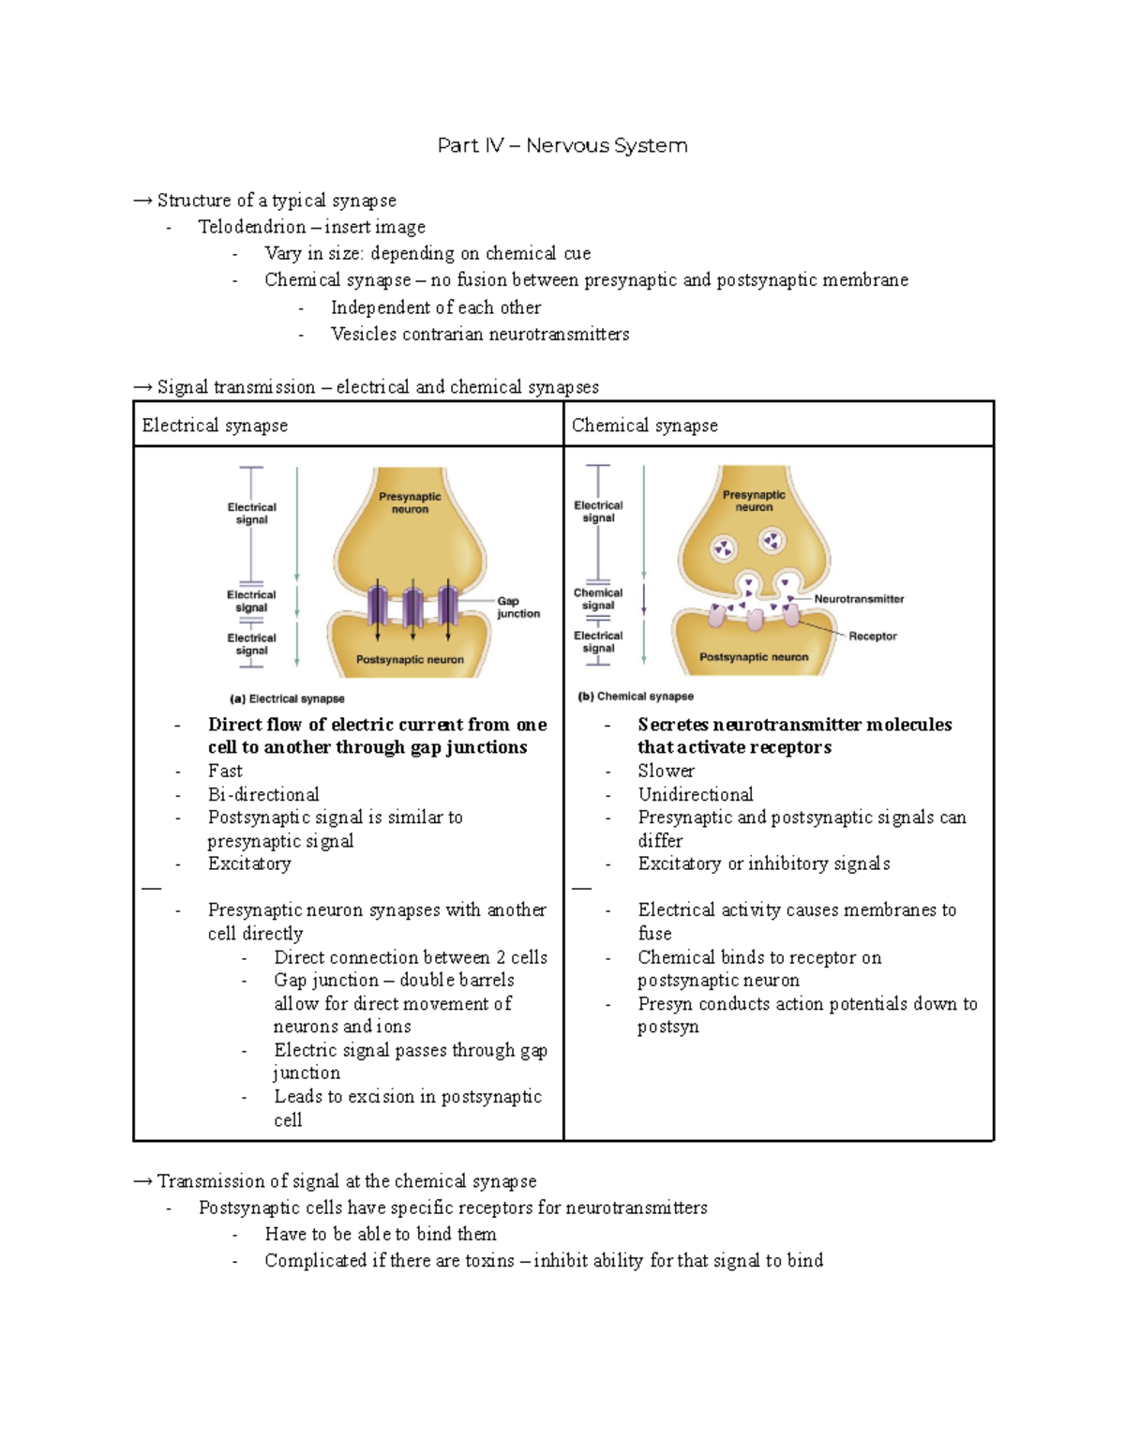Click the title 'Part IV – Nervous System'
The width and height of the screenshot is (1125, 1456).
[x=562, y=145]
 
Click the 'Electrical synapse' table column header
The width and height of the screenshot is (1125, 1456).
[x=215, y=426]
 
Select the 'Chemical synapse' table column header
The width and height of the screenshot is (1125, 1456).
[x=644, y=426]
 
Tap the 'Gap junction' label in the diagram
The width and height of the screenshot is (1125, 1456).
[x=517, y=608]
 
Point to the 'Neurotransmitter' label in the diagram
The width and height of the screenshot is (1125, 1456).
[x=859, y=599]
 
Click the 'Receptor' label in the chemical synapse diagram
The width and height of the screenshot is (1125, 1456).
[x=872, y=637]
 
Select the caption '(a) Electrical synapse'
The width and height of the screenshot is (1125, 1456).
[x=287, y=698]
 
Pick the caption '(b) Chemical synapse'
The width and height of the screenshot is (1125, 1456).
[x=636, y=697]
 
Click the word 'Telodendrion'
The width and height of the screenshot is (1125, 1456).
[x=251, y=227]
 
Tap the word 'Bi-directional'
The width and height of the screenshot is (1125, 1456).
[x=263, y=794]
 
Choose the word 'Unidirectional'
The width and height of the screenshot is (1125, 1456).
[x=695, y=794]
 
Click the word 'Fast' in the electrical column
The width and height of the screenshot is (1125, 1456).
[x=225, y=771]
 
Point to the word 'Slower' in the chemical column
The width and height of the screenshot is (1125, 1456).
[x=666, y=771]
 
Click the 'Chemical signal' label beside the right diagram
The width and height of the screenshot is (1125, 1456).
[x=598, y=599]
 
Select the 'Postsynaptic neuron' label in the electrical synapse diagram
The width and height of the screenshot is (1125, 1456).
[x=410, y=660]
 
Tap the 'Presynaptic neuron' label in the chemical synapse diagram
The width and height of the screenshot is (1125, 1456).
[x=754, y=501]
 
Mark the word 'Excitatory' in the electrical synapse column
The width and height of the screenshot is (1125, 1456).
[x=249, y=863]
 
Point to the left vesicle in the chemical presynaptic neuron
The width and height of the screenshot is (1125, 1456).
[x=724, y=548]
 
